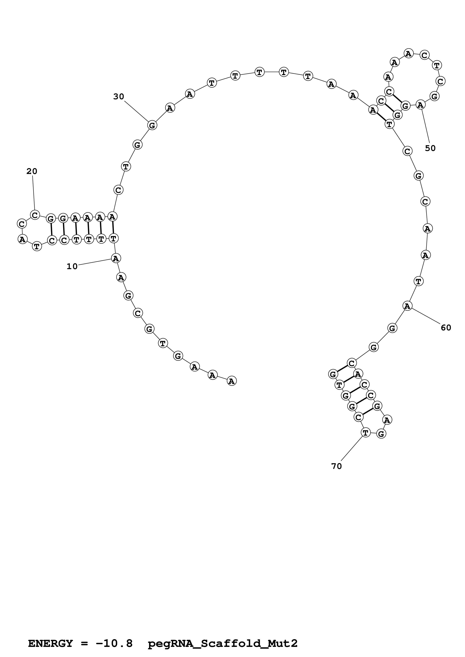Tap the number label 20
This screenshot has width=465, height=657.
(32, 171)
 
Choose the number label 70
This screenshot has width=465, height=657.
(337, 466)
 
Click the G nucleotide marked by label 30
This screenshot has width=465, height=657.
(152, 125)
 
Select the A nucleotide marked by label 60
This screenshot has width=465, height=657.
(407, 306)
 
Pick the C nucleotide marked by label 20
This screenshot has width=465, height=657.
(35, 215)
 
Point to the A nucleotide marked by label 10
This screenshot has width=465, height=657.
(116, 259)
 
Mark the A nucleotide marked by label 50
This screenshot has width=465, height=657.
(420, 105)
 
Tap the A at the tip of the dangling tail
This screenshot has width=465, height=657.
(231, 381)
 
